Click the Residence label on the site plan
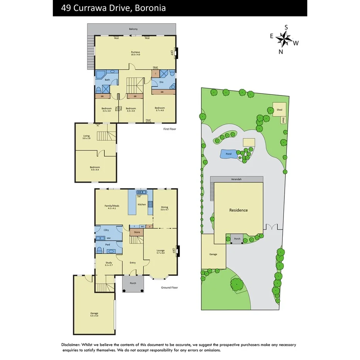(x=238, y=210)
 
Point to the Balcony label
(x=133, y=29)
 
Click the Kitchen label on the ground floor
(x=142, y=204)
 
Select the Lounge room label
(x=160, y=251)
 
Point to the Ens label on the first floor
(x=161, y=82)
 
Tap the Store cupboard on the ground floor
(x=137, y=232)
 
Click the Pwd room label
(x=108, y=245)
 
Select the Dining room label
(x=165, y=207)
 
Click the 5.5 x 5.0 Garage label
(x=94, y=313)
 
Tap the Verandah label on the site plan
(x=236, y=180)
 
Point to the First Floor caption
(x=170, y=129)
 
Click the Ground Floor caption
(x=169, y=287)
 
